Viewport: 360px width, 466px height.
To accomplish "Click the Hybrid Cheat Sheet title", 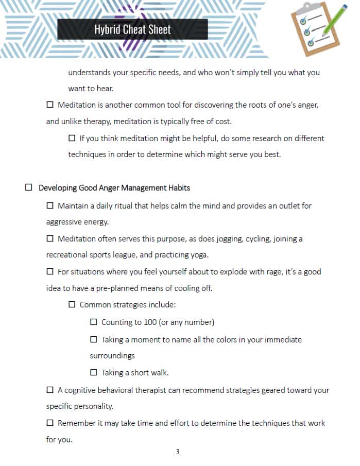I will (132, 29).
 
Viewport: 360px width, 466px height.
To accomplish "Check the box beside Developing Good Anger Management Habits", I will (29, 188).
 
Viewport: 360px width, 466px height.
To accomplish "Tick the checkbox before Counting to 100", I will (94, 322).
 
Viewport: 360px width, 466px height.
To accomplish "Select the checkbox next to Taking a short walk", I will (94, 372).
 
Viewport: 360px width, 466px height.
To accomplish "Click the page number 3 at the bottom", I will (177, 452).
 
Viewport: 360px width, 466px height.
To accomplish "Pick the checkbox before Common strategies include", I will (72, 304).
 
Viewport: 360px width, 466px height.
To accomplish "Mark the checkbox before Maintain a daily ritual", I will (50, 205).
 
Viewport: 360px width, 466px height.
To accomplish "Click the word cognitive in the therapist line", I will (81, 390).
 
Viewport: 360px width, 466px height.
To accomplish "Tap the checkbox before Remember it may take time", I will (50, 423).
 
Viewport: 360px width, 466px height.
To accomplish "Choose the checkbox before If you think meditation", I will (72, 138).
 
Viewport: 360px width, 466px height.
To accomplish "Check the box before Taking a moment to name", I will (94, 339).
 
